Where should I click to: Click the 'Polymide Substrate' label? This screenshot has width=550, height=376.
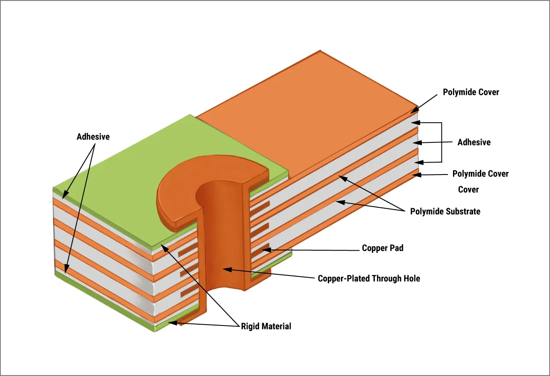click(x=445, y=211)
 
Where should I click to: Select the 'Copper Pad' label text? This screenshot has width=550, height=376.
click(x=382, y=248)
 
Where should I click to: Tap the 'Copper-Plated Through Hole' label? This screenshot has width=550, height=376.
click(x=369, y=278)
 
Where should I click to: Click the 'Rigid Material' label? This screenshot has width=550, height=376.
click(x=266, y=326)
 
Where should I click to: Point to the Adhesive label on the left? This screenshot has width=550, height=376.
click(x=93, y=137)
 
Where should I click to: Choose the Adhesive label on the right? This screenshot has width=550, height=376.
click(x=474, y=142)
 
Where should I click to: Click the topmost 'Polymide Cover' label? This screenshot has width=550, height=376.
click(x=471, y=92)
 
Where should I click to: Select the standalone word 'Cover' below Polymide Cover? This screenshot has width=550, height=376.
click(x=468, y=189)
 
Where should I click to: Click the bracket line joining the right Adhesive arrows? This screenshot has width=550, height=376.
click(x=441, y=142)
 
